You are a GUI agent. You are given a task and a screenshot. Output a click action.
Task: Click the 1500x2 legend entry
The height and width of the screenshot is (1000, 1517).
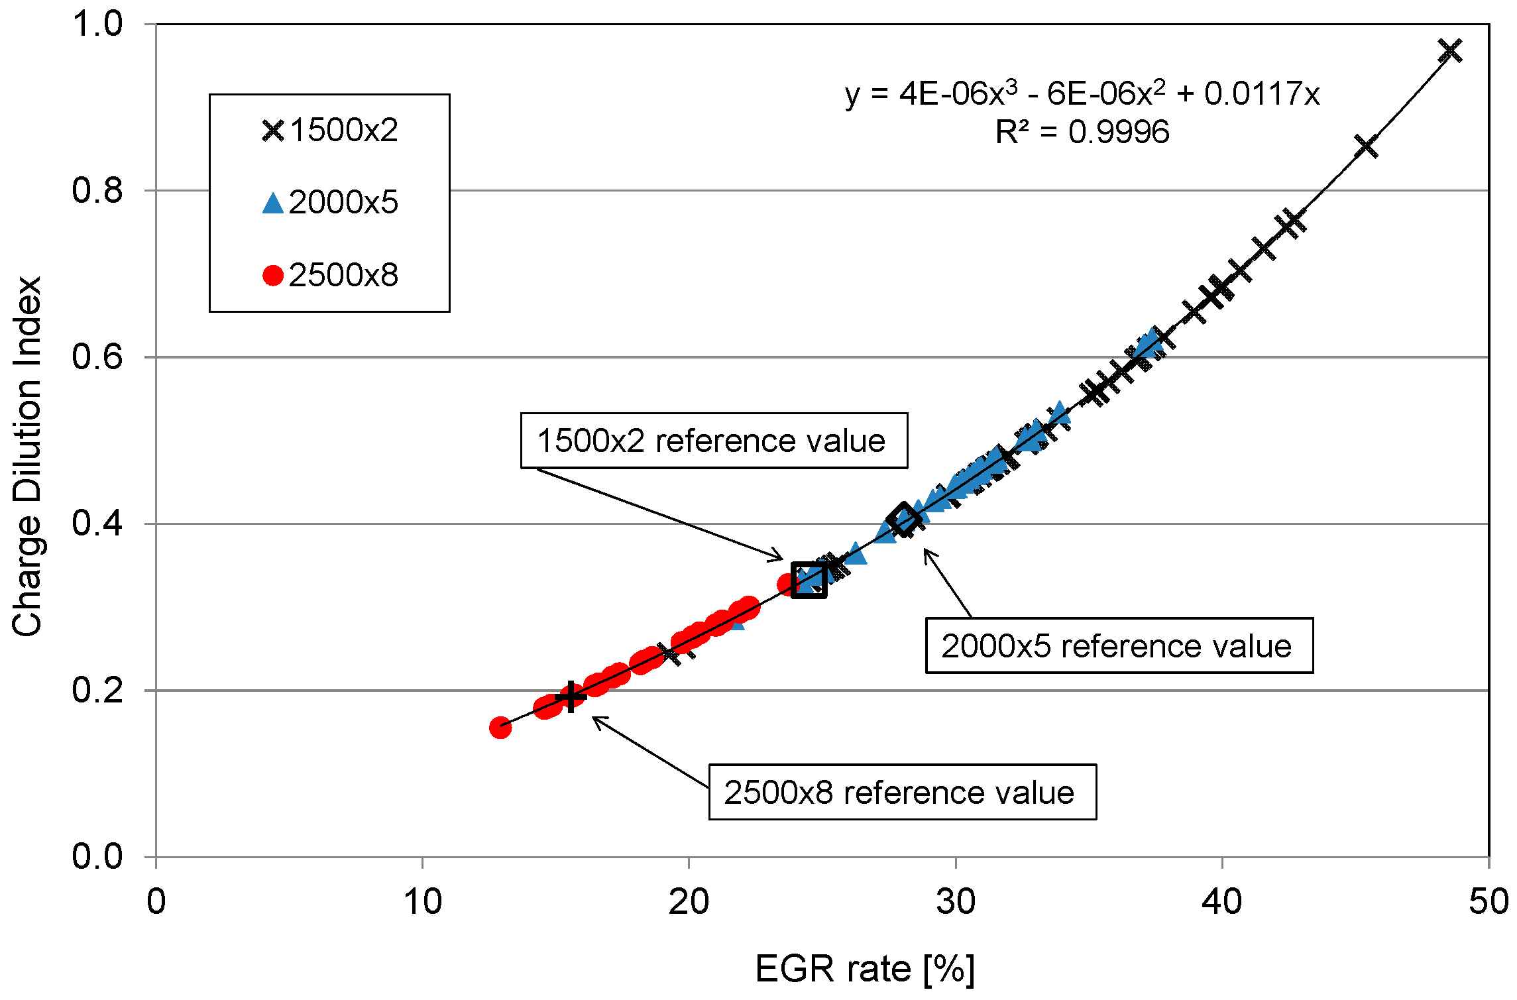(329, 131)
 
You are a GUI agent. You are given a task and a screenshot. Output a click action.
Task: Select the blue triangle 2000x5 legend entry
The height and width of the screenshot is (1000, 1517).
(329, 203)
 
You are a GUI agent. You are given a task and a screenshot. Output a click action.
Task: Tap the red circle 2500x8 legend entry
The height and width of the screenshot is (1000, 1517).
(329, 275)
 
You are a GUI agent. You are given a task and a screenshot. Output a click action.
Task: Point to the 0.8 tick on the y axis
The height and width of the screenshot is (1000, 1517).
(98, 191)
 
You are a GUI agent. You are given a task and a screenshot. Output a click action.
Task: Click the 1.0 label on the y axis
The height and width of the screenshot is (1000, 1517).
(98, 25)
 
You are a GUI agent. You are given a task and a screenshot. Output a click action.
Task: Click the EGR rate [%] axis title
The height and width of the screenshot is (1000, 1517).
(864, 970)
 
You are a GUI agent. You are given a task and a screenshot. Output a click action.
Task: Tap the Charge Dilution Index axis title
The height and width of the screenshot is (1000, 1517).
(27, 457)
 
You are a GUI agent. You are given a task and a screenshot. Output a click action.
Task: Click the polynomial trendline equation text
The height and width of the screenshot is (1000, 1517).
(1082, 94)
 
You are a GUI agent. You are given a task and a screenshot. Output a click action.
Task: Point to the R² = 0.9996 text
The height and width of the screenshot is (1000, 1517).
(1082, 133)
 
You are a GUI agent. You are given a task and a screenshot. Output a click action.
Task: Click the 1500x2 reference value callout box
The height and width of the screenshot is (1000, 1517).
(713, 441)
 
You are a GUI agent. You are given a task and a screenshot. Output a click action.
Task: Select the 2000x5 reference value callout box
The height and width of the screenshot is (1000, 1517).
(1118, 646)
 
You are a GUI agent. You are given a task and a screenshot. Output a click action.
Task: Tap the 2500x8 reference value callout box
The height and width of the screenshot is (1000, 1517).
(901, 793)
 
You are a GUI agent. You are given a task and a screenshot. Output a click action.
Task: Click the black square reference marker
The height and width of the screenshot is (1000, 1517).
(809, 581)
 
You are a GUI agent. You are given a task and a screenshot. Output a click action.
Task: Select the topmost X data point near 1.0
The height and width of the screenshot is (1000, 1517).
(1449, 51)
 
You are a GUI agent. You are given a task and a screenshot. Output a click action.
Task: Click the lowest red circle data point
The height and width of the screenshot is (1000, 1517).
(500, 728)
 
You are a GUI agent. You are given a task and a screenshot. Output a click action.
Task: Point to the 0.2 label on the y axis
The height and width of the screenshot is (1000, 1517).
(98, 691)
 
